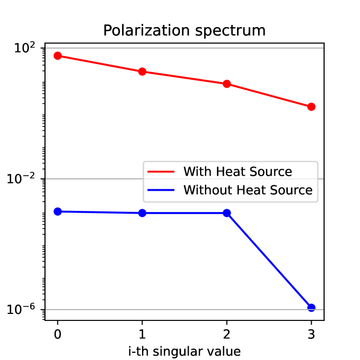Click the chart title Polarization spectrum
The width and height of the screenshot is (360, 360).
pyautogui.click(x=184, y=30)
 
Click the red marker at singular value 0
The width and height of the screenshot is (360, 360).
pyautogui.click(x=58, y=56)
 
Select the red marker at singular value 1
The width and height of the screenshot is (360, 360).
pyautogui.click(x=142, y=72)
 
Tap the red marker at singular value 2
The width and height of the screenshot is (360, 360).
pyautogui.click(x=227, y=84)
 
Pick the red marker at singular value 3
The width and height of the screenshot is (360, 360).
pyautogui.click(x=311, y=107)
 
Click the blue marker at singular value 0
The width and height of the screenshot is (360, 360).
pyautogui.click(x=58, y=211)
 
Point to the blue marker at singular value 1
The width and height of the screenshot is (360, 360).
pyautogui.click(x=142, y=213)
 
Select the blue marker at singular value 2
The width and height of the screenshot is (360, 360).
pyautogui.click(x=227, y=213)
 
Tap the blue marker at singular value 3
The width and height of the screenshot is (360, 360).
pyautogui.click(x=311, y=307)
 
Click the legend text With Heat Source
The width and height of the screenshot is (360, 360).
pyautogui.click(x=237, y=172)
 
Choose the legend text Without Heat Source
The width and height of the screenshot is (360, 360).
pyautogui.click(x=248, y=190)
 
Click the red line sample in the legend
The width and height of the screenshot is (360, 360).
pyautogui.click(x=162, y=172)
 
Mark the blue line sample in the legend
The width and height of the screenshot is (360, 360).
pyautogui.click(x=162, y=190)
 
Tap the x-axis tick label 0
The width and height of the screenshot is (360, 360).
pyautogui.click(x=58, y=332)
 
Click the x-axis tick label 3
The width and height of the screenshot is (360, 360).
pyautogui.click(x=311, y=332)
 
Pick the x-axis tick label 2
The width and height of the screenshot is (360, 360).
pyautogui.click(x=227, y=332)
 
